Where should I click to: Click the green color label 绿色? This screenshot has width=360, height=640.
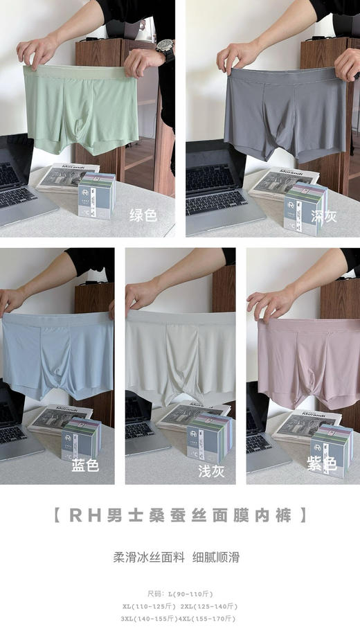click(143, 215)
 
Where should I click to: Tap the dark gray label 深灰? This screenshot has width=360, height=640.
click(323, 217)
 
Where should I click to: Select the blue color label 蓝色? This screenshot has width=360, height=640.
click(85, 465)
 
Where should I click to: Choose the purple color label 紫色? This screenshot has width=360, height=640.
click(323, 464)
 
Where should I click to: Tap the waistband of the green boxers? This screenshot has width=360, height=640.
click(76, 71)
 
